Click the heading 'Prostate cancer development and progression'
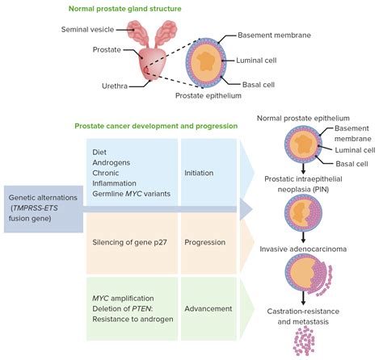coord(157,127)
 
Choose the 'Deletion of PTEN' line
coord(127,308)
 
